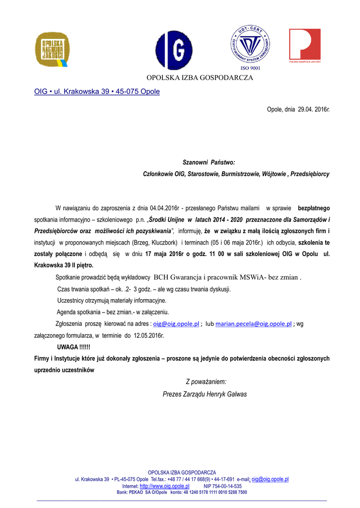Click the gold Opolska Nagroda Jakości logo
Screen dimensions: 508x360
(x=52, y=49)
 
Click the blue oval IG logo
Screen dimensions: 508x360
(x=174, y=50)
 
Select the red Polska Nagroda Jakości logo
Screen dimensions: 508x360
(x=305, y=45)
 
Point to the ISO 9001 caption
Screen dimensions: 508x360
(x=250, y=68)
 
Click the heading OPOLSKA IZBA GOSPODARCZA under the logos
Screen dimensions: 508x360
(x=199, y=77)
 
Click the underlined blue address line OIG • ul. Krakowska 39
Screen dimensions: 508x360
(x=97, y=91)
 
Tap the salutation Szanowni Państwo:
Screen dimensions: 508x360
(x=209, y=162)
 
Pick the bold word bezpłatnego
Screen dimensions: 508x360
(x=313, y=208)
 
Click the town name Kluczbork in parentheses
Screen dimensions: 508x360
(x=164, y=243)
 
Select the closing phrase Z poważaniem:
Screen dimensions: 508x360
(x=206, y=381)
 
